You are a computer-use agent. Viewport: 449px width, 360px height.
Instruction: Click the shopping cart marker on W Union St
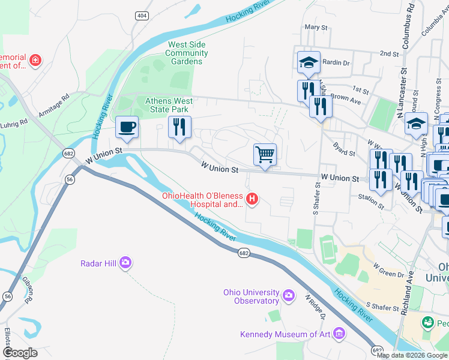[x=265, y=155]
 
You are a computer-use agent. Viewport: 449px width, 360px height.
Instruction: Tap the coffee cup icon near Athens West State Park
[x=127, y=127]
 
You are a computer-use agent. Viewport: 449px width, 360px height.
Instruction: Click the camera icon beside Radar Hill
[x=125, y=262]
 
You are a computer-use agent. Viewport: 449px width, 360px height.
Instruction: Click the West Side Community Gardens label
[x=187, y=53]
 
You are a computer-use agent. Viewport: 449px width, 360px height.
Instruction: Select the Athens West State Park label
[x=169, y=105]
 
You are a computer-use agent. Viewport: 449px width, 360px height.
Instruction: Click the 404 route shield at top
[x=142, y=16]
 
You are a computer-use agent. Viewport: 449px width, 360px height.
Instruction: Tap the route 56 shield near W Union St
[x=70, y=179]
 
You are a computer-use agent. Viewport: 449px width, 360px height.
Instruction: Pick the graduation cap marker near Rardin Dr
[x=308, y=62]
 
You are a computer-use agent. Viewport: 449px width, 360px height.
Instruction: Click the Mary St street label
[x=316, y=28]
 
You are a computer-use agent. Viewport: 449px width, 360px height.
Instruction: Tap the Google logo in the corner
[x=20, y=353]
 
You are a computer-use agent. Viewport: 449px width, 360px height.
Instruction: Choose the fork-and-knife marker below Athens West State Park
[x=179, y=127]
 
